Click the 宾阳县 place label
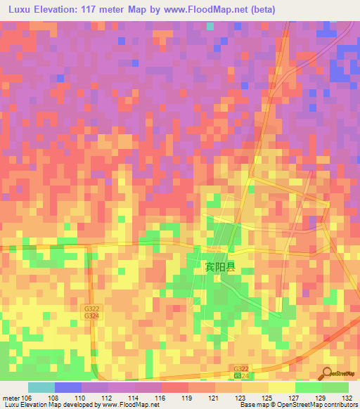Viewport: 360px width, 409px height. point(219,267)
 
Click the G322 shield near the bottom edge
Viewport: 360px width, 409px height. point(241,368)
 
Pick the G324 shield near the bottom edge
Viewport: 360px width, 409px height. point(241,377)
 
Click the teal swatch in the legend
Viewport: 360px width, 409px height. point(41,387)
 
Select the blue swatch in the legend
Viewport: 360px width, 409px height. point(68,387)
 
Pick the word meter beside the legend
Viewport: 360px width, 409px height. point(11,398)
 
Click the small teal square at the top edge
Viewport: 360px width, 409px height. point(210,26)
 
